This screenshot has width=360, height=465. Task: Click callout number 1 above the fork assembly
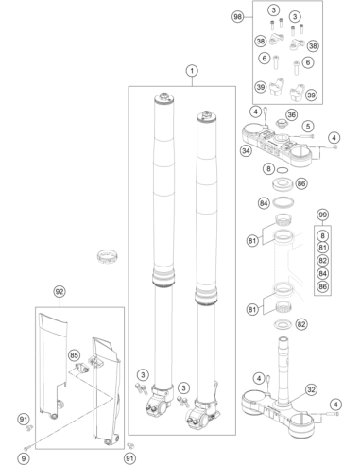[x=192, y=71]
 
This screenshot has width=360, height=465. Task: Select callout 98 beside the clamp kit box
[x=238, y=16]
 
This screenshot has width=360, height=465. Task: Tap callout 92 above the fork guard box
[x=60, y=292]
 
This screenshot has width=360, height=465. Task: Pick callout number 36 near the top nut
[x=292, y=115]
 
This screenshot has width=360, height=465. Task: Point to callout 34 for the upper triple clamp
[x=246, y=151]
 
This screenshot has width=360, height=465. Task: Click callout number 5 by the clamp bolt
[x=308, y=127]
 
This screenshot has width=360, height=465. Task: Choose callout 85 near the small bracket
[x=74, y=355]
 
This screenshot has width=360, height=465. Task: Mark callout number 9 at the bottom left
[x=23, y=458]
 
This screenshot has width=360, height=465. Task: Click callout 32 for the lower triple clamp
[x=311, y=389]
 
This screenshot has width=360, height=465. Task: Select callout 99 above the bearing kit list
[x=322, y=215]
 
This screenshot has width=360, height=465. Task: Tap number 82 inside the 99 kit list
[x=322, y=261]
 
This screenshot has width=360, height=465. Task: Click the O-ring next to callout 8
[x=283, y=170]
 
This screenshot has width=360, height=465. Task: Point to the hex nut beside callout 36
[x=280, y=122]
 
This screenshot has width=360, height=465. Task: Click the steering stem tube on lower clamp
[x=283, y=370]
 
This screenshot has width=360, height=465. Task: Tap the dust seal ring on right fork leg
[x=206, y=296]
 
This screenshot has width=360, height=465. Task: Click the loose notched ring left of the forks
[x=108, y=256]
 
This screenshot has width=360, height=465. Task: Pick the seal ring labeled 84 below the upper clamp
[x=283, y=202]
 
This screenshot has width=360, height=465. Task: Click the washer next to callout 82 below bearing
[x=283, y=324]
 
